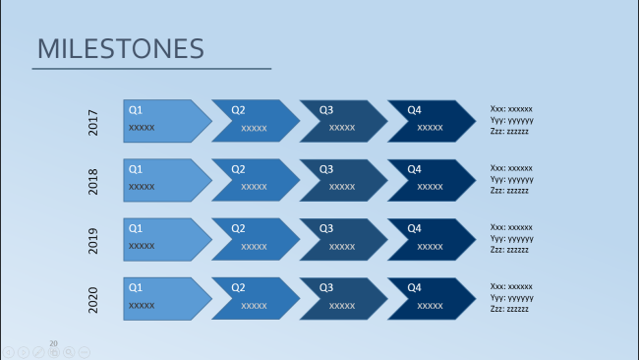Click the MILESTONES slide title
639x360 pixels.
coord(121,48)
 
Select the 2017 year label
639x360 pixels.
coord(93,122)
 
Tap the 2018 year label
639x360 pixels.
coord(93,181)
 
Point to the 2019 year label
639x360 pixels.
coord(93,241)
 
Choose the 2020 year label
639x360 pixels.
coord(93,300)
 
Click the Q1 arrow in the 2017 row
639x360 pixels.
coord(167,121)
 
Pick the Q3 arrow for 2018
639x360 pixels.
coord(343,180)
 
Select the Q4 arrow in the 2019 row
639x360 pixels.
coord(432,239)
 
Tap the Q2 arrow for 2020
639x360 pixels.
coord(256,299)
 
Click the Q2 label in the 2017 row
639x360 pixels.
coord(238,110)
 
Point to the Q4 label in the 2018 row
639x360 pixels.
coord(414,169)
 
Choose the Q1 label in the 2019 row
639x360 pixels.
coord(136,228)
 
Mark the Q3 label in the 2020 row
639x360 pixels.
coord(326,288)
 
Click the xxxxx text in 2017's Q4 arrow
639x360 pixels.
coord(430,128)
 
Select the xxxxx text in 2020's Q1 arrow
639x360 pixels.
coord(142,305)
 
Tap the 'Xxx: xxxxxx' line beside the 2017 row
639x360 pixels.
coord(511,109)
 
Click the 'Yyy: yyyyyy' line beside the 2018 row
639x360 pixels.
coord(511,179)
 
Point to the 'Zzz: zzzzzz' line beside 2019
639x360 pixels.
coord(509,250)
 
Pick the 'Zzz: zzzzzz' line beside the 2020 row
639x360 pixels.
coord(509,309)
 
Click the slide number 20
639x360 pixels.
coord(53,343)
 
